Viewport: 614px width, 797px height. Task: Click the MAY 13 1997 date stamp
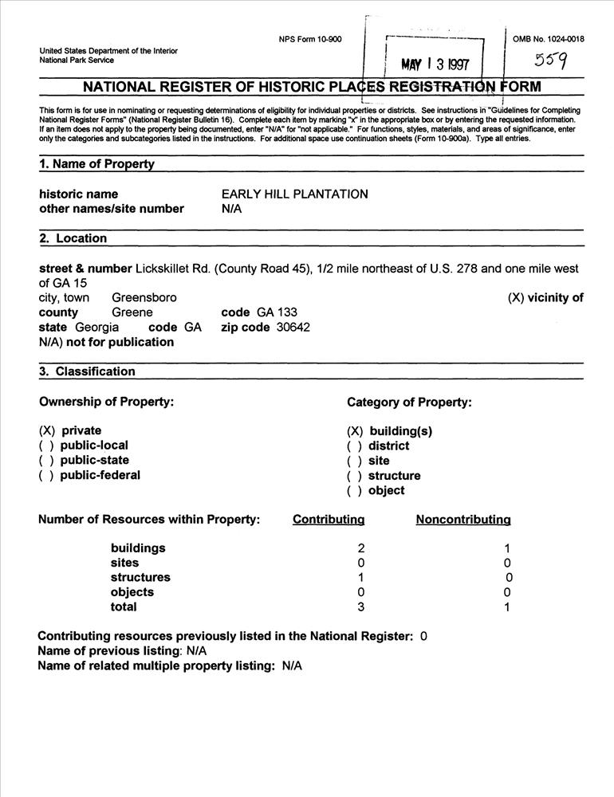click(435, 64)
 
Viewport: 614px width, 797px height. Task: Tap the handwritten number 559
click(551, 61)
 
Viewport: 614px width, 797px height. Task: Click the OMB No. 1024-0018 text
click(549, 39)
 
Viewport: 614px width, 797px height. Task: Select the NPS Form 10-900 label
click(310, 40)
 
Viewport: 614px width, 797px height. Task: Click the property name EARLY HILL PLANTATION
click(294, 194)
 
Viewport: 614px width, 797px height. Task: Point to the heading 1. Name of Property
click(96, 164)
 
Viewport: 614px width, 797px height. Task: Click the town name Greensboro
click(144, 297)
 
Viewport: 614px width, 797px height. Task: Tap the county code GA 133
click(277, 312)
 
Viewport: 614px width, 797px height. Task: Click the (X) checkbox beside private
click(46, 430)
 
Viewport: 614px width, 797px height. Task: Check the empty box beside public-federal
click(46, 475)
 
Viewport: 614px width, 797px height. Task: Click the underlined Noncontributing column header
click(463, 520)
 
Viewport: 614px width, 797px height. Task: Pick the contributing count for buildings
click(361, 548)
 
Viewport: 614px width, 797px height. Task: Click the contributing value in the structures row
click(361, 578)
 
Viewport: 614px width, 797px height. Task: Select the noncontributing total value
click(507, 607)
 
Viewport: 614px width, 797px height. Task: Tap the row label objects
click(132, 592)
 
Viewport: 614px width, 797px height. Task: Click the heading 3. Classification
click(87, 371)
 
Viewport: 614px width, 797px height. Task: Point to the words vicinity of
click(557, 298)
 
